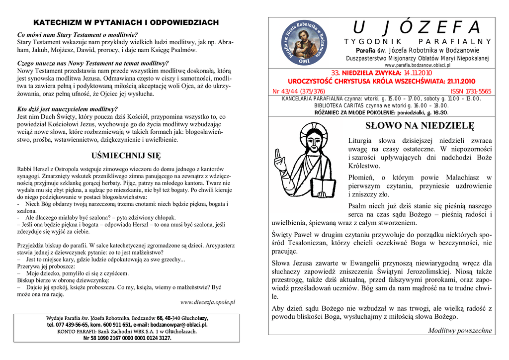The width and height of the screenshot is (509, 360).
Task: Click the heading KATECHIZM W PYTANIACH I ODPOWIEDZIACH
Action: [x=126, y=23]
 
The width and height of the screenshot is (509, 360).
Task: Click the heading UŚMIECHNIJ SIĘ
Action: [x=127, y=156]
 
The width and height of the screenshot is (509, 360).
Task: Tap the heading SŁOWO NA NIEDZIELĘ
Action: [x=420, y=125]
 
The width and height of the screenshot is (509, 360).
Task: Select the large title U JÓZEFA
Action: [x=417, y=28]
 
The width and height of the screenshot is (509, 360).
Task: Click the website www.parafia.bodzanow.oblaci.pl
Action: [x=418, y=65]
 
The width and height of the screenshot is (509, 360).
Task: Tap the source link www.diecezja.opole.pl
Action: [x=207, y=302]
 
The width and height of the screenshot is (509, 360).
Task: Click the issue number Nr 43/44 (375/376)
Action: [x=299, y=91]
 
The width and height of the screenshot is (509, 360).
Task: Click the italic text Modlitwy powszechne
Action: [x=460, y=330]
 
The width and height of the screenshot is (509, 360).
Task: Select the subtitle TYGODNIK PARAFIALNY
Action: [x=417, y=42]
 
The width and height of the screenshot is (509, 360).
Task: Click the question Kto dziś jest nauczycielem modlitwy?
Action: [x=68, y=109]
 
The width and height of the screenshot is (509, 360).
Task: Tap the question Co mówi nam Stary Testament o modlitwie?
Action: [x=77, y=35]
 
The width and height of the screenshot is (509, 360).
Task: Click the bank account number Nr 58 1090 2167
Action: [x=127, y=338]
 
